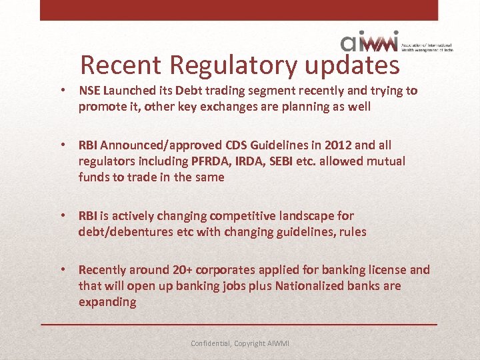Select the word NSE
click(x=91, y=91)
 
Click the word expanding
click(x=107, y=302)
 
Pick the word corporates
click(x=227, y=270)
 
